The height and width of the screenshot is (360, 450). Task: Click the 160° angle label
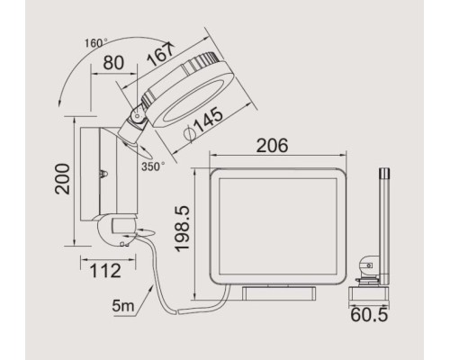tap(95, 43)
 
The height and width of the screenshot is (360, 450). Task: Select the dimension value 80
tap(113, 63)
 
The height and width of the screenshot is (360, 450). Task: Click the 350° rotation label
tap(153, 166)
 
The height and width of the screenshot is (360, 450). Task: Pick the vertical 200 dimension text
tap(62, 179)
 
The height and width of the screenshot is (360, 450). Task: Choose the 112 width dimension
tap(105, 271)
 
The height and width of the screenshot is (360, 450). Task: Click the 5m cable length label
tap(122, 305)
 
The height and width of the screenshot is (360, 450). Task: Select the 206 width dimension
tap(272, 146)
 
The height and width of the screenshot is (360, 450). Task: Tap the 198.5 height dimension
tap(182, 229)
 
